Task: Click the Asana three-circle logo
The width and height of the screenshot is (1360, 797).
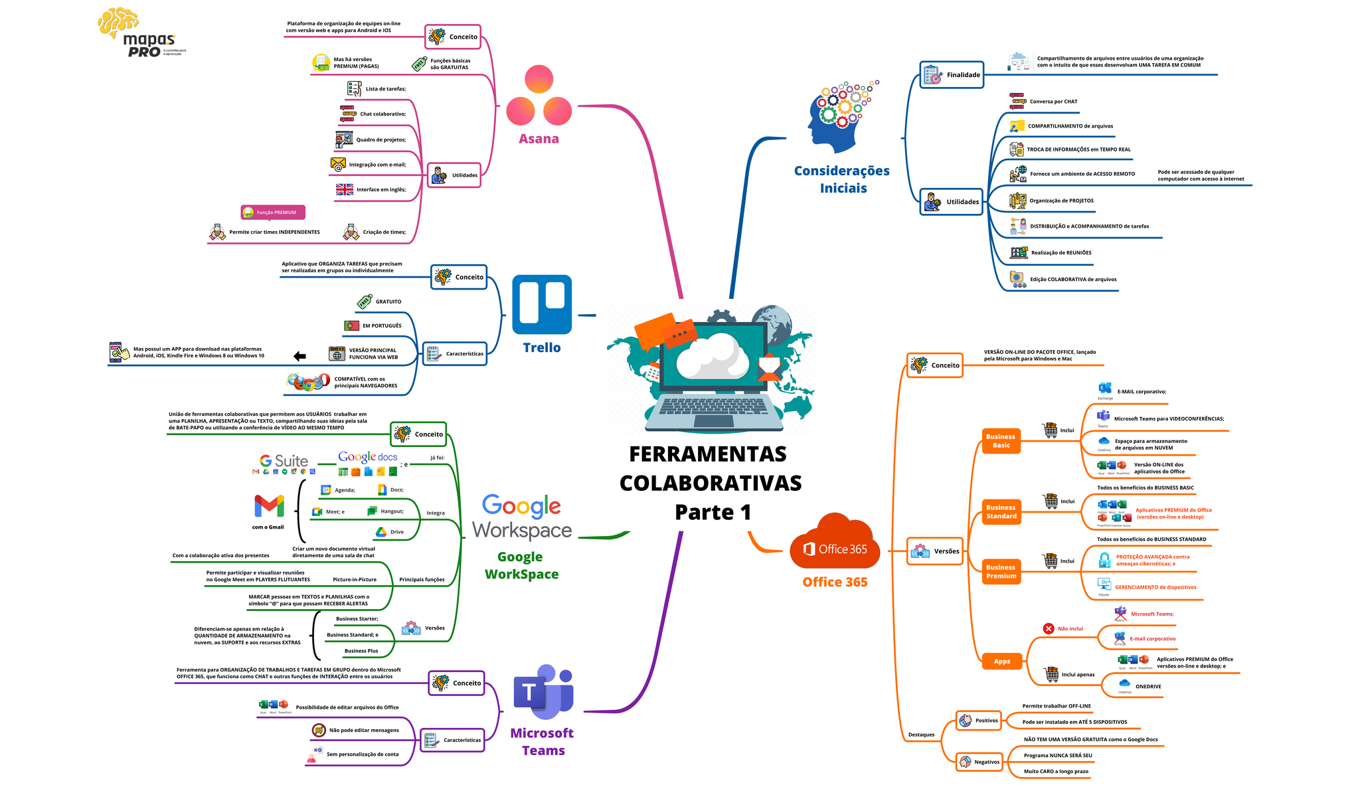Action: (539, 96)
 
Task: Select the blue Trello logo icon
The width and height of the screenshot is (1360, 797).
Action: (542, 304)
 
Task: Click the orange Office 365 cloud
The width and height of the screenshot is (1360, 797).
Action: (835, 543)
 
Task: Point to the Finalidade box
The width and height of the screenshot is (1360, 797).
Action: (952, 75)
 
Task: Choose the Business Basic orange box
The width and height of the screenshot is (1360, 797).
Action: (1001, 441)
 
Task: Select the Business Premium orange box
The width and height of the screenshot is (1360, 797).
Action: (1001, 572)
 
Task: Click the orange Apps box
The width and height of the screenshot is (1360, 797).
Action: (1001, 661)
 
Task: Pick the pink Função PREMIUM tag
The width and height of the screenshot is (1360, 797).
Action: (273, 213)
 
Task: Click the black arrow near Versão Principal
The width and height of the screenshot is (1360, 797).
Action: (300, 357)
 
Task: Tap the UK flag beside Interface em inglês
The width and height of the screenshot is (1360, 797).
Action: (345, 189)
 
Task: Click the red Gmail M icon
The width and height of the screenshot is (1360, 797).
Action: (269, 507)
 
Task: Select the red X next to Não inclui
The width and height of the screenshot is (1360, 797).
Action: (1049, 628)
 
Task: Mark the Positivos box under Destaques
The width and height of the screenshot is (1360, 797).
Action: (979, 721)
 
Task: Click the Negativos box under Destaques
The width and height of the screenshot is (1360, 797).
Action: (979, 762)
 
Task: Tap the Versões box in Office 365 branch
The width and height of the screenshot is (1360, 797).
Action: (935, 551)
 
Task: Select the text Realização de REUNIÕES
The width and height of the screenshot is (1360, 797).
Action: (1061, 253)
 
